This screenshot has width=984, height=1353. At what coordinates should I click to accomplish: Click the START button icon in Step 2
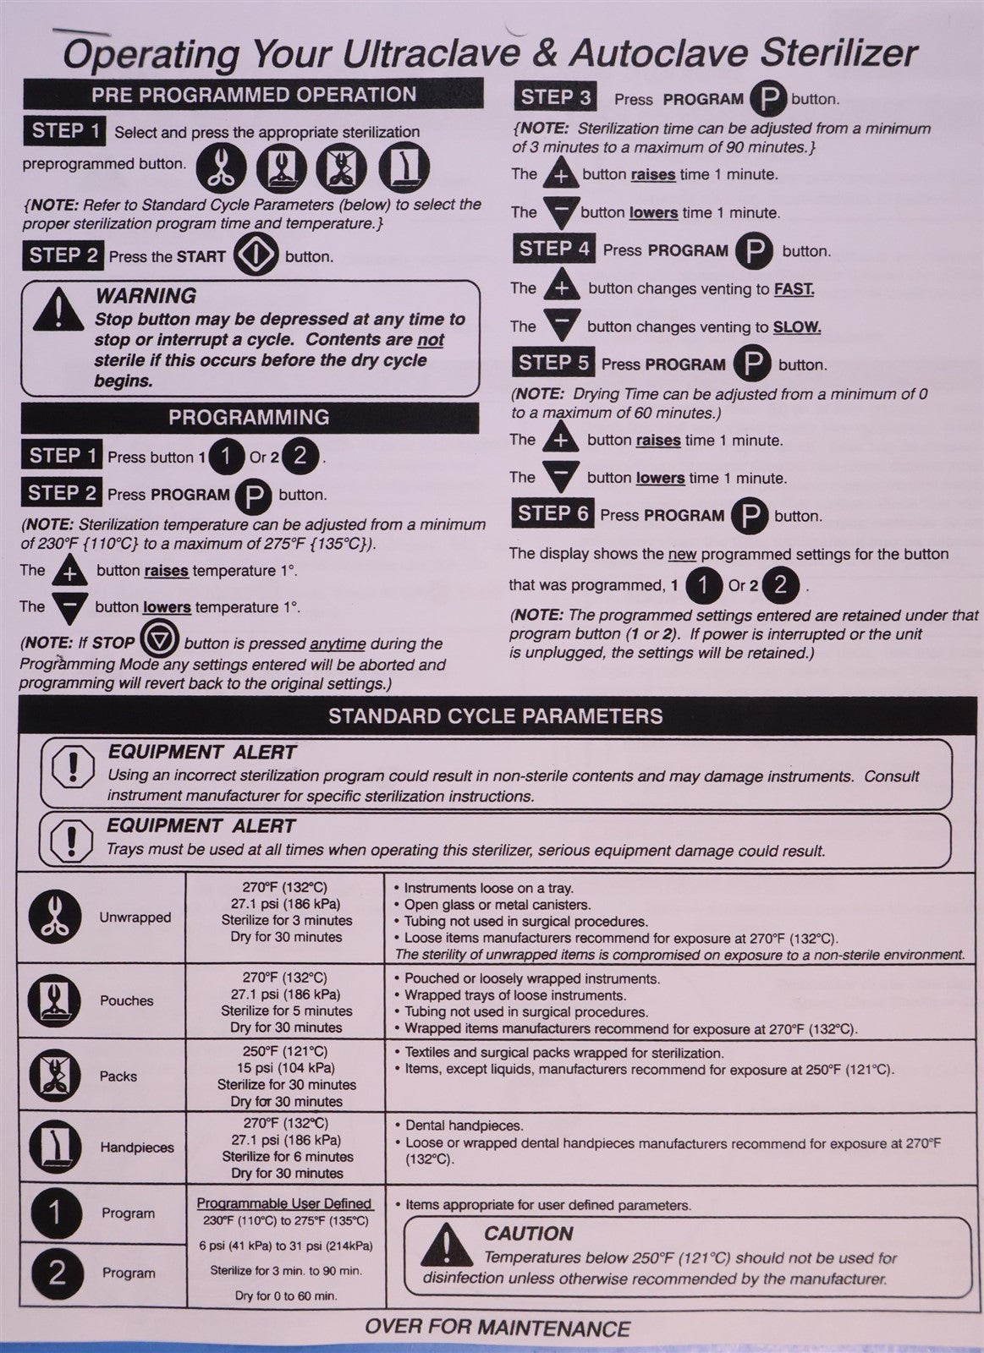pyautogui.click(x=256, y=255)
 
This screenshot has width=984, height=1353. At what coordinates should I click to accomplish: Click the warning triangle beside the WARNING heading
pyautogui.click(x=58, y=308)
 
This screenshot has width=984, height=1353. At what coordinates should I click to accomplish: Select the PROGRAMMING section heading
pyautogui.click(x=249, y=418)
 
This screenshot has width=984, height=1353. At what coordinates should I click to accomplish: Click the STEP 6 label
pyautogui.click(x=553, y=514)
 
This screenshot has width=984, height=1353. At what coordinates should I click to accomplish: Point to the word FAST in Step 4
pyautogui.click(x=794, y=289)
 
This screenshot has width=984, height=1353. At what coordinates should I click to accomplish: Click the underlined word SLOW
pyautogui.click(x=797, y=327)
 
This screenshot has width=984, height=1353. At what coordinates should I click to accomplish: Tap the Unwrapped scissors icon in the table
pyautogui.click(x=55, y=918)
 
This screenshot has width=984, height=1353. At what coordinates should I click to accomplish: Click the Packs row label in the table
pyautogui.click(x=118, y=1076)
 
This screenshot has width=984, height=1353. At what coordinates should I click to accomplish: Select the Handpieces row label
pyautogui.click(x=137, y=1148)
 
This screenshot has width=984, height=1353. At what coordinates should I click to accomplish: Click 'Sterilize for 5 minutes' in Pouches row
pyautogui.click(x=286, y=1011)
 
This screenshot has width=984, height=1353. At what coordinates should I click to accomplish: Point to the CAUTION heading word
pyautogui.click(x=529, y=1233)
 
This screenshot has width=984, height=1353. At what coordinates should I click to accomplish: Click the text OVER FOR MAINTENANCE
pyautogui.click(x=497, y=1328)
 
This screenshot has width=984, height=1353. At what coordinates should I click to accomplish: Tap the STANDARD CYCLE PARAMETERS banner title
pyautogui.click(x=496, y=716)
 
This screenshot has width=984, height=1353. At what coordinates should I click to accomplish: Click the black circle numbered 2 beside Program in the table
pyautogui.click(x=56, y=1273)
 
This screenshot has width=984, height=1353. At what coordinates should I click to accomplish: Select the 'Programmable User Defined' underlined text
pyautogui.click(x=284, y=1203)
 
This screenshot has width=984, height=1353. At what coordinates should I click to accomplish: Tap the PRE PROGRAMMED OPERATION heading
pyautogui.click(x=254, y=94)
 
